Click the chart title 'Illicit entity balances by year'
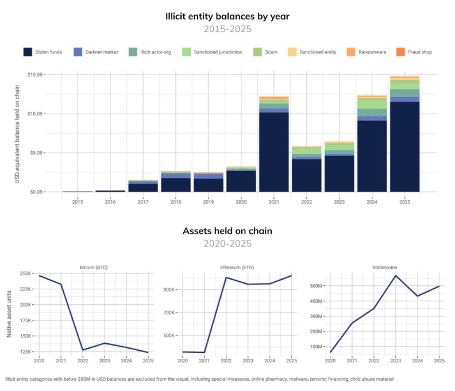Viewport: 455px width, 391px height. pyautogui.click(x=227, y=16)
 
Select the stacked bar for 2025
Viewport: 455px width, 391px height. pyautogui.click(x=404, y=135)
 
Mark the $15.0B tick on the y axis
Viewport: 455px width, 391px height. pyautogui.click(x=36, y=75)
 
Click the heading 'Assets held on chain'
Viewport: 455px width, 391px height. pyautogui.click(x=227, y=231)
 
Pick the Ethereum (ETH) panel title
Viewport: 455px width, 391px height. pyautogui.click(x=237, y=267)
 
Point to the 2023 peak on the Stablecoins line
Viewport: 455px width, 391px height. pyautogui.click(x=396, y=276)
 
